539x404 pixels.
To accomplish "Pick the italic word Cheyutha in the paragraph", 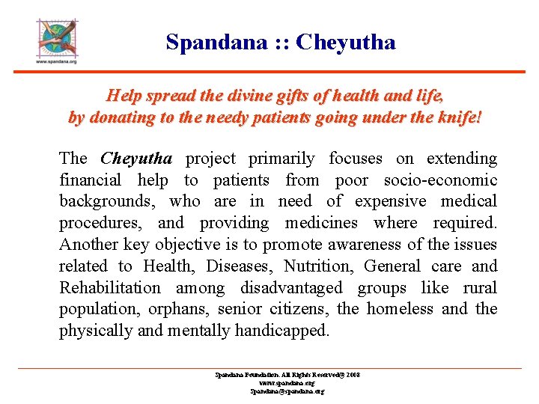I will pos(136,159).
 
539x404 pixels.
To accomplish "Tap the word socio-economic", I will pos(440,180).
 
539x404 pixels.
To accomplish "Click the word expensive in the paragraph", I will pos(391,202).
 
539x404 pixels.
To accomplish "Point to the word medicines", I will pos(322,224).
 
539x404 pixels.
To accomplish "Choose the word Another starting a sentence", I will pos(89,245).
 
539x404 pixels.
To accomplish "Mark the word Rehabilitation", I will pos(109,288).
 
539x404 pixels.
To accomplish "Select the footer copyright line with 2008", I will pos(287,375).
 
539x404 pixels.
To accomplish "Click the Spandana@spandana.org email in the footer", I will pos(287,391).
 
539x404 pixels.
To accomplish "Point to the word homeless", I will pos(401,310).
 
